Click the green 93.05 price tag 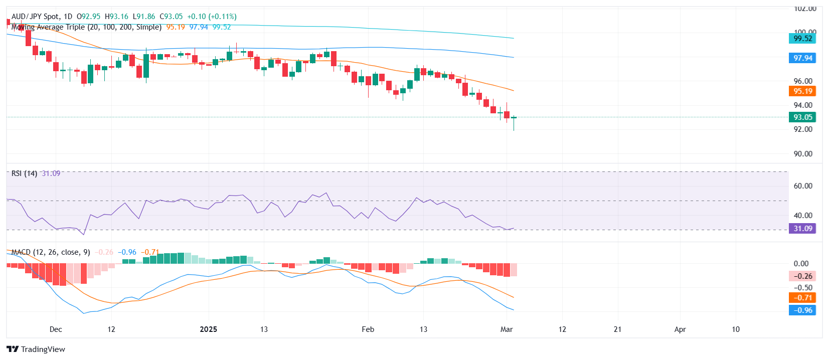pos(802,117)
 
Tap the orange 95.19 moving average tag pos(802,91)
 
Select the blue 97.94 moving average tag pos(802,58)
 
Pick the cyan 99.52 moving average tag pos(802,39)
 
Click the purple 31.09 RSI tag pos(802,229)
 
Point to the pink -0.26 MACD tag pos(802,276)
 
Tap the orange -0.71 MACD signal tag pos(802,298)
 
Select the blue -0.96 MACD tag pos(802,310)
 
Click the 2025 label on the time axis pos(208,329)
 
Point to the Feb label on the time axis pos(368,329)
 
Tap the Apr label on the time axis pos(680,329)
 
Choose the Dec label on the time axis pos(56,329)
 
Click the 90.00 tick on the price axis pos(803,154)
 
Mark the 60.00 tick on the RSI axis pos(803,186)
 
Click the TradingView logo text pos(43,349)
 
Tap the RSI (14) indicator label pos(24,173)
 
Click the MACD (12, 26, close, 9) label pos(51,252)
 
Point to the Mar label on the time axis pos(507,329)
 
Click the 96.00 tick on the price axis pos(803,81)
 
